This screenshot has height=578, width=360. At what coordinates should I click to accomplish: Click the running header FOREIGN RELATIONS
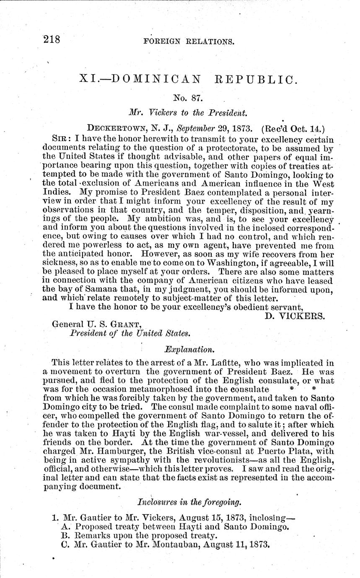188,42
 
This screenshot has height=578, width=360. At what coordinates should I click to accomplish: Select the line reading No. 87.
188,99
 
